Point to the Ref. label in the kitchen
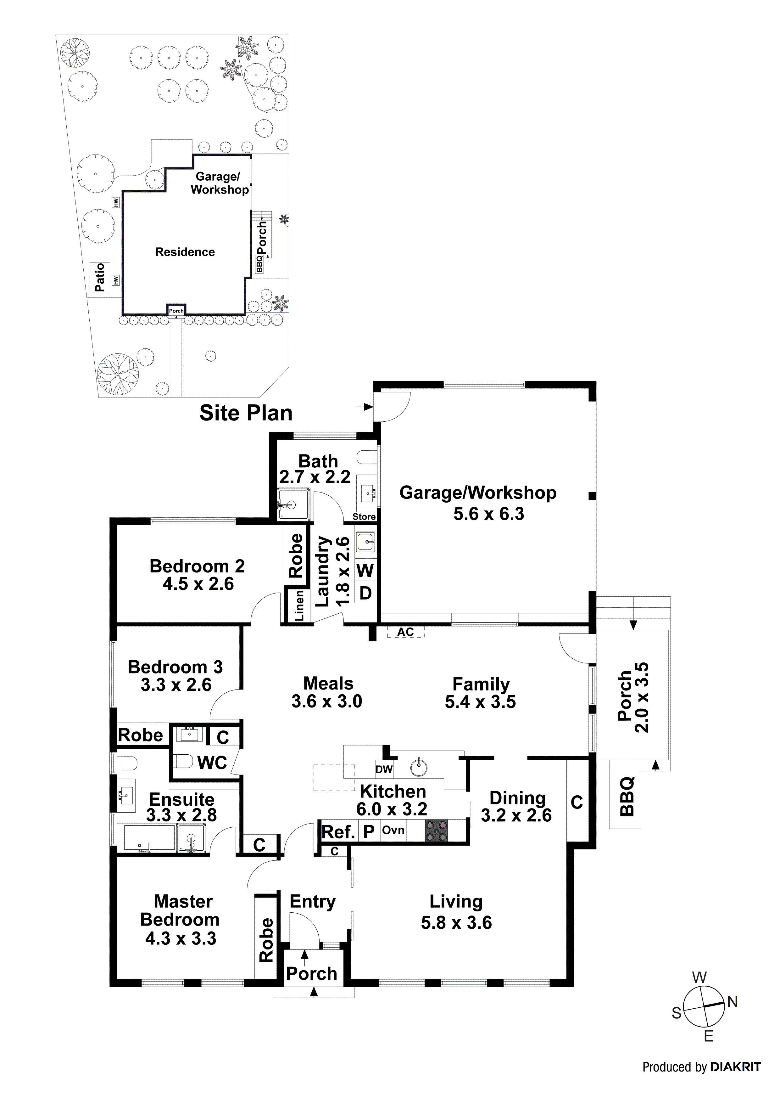338,832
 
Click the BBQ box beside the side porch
626,797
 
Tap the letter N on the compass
733,1002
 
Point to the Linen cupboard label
299,606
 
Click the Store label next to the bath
364,516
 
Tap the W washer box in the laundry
365,570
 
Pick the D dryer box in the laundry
365,593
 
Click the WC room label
212,762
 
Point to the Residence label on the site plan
185,252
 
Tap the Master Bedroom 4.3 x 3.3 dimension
181,938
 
